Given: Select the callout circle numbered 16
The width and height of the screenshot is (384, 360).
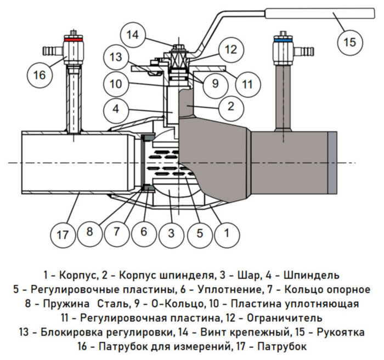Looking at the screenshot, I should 40,75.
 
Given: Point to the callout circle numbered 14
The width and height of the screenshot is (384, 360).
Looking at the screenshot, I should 132,36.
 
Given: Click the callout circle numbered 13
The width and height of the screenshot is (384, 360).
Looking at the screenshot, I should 115,58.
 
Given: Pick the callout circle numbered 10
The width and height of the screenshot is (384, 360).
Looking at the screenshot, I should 115,84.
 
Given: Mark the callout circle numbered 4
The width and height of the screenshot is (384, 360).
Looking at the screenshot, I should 115,109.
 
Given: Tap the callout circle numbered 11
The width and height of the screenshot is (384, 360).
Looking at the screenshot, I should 247,84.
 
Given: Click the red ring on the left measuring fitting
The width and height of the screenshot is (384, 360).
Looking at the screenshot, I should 71,40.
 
